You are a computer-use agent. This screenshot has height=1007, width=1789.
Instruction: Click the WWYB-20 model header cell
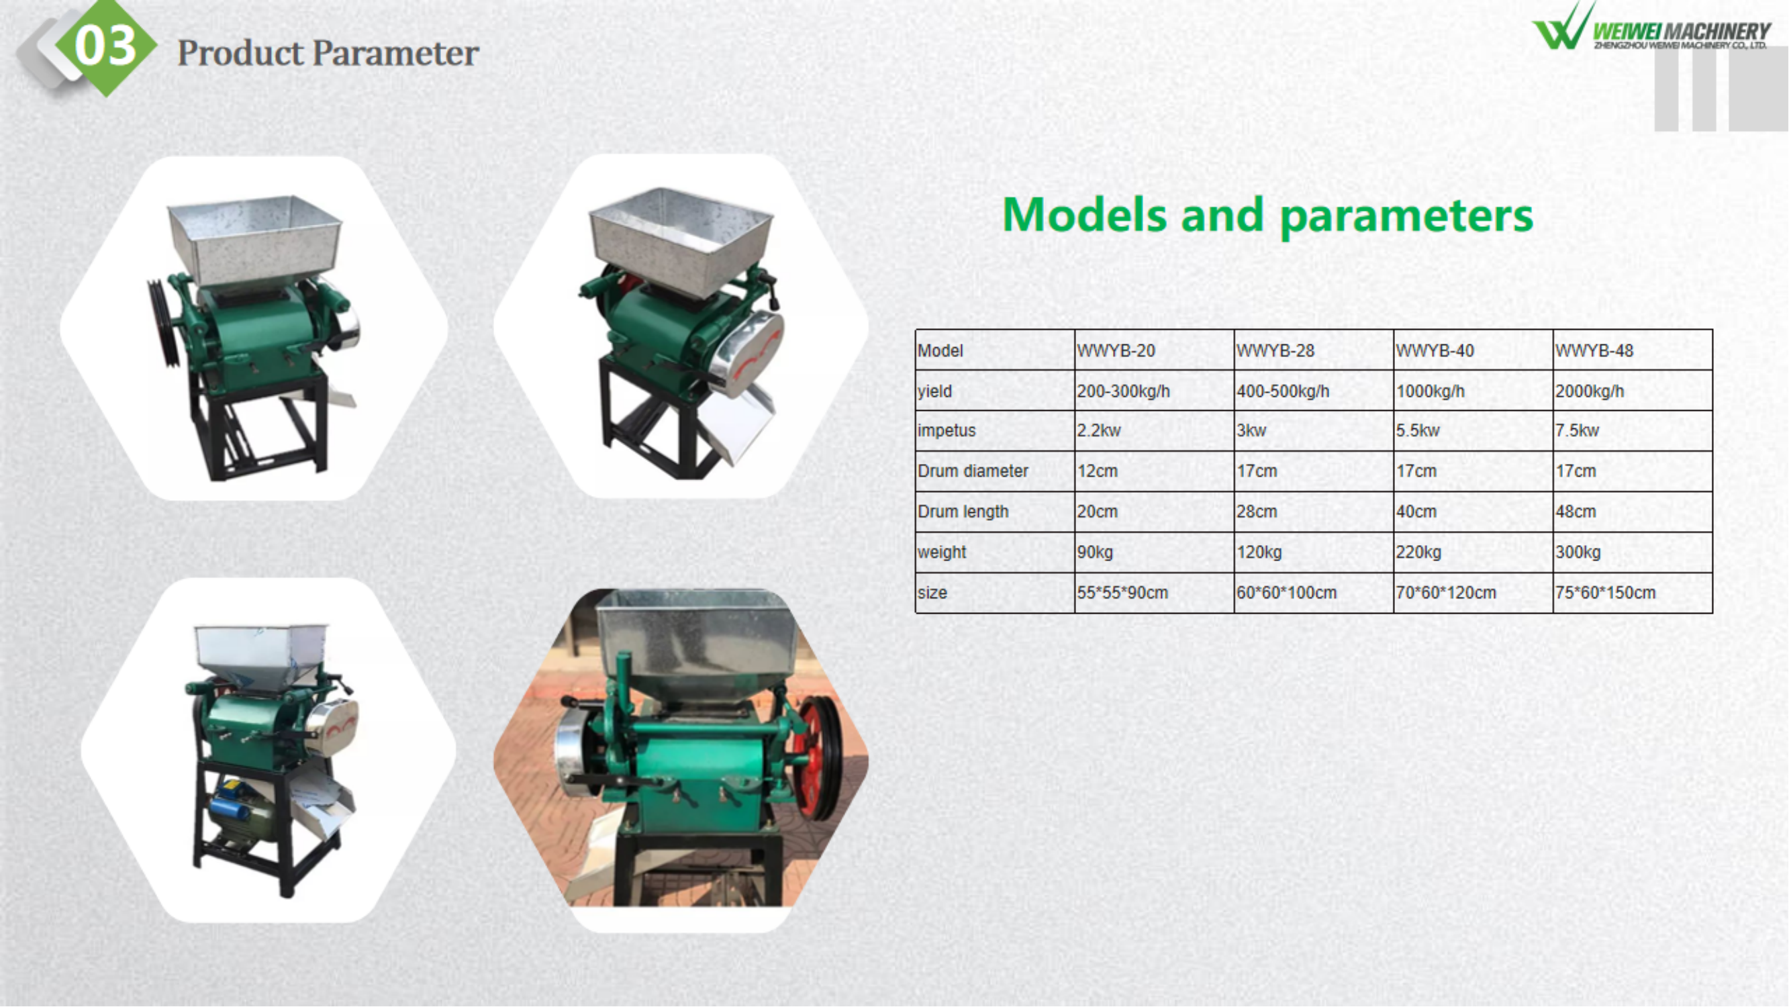(1154, 350)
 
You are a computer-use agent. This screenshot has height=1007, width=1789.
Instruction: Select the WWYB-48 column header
(1633, 350)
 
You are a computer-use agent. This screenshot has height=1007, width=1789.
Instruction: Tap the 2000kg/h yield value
(1590, 391)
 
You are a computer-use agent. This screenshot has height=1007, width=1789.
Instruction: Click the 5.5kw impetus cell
(1473, 430)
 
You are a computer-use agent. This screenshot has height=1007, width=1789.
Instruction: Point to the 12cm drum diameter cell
(1154, 471)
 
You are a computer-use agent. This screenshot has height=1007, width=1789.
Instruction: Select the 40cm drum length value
(1416, 512)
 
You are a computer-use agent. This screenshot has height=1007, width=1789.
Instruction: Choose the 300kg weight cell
(1633, 552)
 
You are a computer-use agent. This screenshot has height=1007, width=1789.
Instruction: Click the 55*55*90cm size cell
(1154, 593)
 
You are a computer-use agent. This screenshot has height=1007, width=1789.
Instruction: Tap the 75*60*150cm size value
(1606, 593)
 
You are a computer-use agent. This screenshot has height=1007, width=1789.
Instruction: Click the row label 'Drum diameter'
(973, 471)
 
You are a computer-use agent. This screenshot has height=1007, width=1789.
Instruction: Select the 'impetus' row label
(947, 430)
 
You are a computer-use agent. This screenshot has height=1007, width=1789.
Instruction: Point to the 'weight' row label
(942, 552)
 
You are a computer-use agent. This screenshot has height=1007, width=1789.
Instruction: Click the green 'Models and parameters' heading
(1267, 216)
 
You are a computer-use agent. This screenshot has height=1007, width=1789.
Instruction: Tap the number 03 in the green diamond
(105, 46)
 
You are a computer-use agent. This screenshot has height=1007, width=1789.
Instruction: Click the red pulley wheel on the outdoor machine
(818, 757)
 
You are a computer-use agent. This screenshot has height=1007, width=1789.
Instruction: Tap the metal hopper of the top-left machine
(255, 238)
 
